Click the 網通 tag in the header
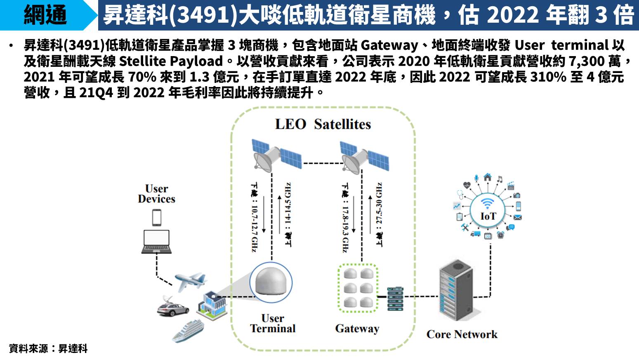click(x=45, y=15)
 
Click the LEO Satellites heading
click(x=323, y=124)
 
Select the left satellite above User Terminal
click(x=276, y=155)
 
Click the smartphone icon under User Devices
click(x=156, y=217)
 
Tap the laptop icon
click(x=156, y=242)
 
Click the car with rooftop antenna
click(x=172, y=307)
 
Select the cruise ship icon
click(x=188, y=331)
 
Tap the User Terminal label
click(x=273, y=324)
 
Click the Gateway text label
click(x=357, y=329)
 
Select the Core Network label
click(x=462, y=334)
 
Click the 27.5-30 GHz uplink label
click(x=379, y=214)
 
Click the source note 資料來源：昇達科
click(x=48, y=348)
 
